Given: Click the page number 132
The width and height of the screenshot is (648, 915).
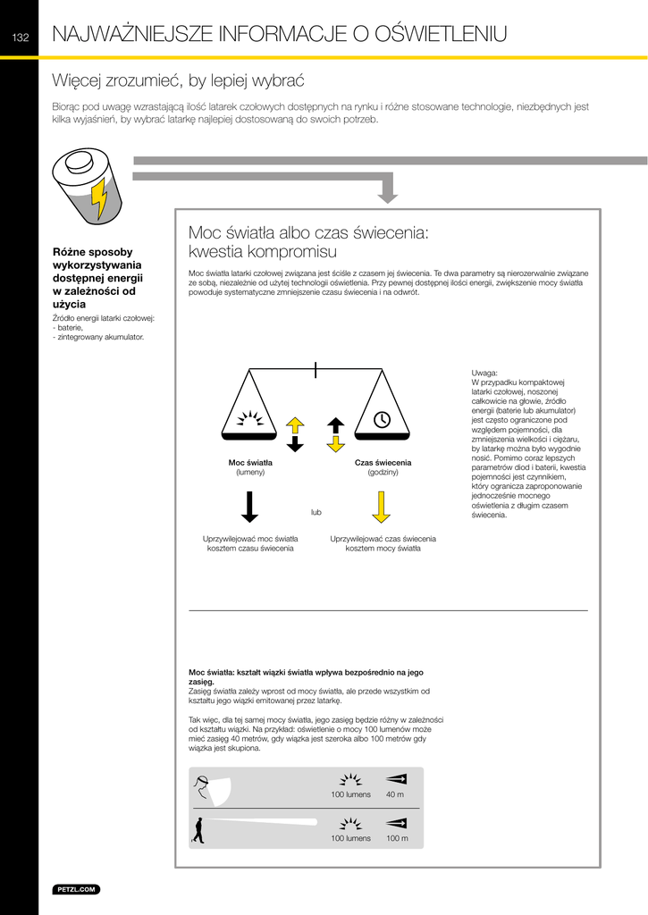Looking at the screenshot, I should [19, 37].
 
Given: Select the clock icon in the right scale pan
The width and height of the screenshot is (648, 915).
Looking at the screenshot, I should [382, 419].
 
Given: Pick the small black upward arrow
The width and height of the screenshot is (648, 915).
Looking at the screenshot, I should [336, 424].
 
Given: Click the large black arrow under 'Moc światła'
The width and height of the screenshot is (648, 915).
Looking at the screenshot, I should [250, 506].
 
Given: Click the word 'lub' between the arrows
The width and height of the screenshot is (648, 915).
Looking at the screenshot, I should [316, 512].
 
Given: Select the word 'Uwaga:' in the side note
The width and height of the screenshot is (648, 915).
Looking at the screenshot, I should [484, 373].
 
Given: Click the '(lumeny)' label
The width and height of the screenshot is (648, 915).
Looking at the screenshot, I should [250, 472].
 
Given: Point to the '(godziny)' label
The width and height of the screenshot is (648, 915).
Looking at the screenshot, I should [383, 472].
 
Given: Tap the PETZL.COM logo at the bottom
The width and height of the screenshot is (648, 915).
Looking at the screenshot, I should [77, 889].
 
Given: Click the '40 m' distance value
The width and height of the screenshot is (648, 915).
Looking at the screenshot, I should [394, 794].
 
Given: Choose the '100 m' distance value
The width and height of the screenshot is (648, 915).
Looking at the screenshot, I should [397, 838].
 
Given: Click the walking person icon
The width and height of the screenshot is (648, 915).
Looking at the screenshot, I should [198, 830].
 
